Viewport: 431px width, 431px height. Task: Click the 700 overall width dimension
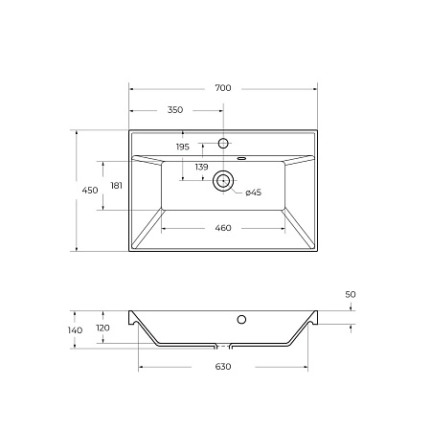click(222, 88)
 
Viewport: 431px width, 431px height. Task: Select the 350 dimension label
click(175, 110)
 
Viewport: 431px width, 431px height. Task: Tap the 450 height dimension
click(90, 192)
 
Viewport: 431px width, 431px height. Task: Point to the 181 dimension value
click(116, 185)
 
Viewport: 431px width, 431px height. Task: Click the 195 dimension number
click(182, 147)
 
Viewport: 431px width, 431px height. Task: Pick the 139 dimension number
click(202, 167)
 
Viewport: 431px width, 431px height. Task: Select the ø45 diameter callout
click(254, 193)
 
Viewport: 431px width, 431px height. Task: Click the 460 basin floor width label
click(222, 228)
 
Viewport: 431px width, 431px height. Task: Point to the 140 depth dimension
click(76, 329)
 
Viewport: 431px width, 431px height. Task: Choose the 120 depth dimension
click(103, 328)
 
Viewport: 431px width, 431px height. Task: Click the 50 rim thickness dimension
click(351, 295)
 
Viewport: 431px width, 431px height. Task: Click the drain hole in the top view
click(223, 179)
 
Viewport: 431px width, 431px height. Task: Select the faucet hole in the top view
click(223, 143)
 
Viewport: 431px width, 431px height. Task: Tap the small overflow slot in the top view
click(241, 155)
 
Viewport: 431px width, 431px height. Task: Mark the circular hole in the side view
click(242, 319)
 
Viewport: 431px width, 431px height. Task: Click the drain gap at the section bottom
click(223, 345)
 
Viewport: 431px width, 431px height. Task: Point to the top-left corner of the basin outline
click(129, 131)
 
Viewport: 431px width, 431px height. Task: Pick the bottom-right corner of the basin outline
click(316, 252)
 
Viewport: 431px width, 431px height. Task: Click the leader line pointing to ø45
click(238, 189)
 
